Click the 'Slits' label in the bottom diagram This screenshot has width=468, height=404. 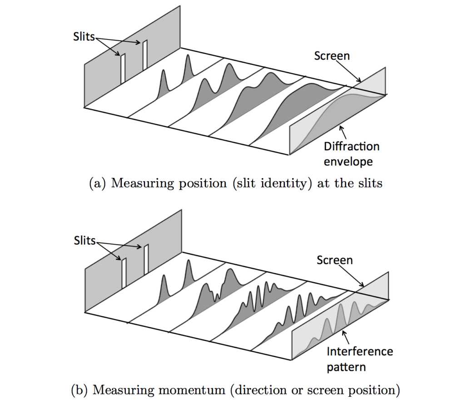(x=85, y=241)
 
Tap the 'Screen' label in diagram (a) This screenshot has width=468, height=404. (x=332, y=56)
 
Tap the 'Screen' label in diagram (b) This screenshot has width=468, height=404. (x=334, y=261)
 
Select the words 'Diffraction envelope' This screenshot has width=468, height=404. (x=351, y=153)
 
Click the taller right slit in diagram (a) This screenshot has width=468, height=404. (x=145, y=54)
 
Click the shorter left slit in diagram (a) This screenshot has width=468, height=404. (x=123, y=68)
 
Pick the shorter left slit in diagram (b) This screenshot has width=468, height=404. (x=123, y=272)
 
